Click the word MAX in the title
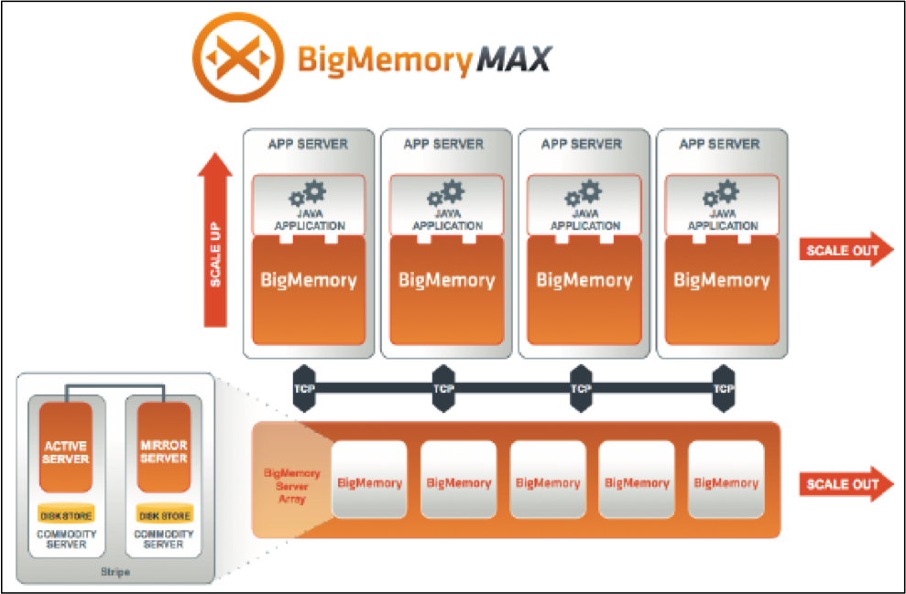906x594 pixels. tap(512, 59)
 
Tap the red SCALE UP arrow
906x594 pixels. tap(216, 243)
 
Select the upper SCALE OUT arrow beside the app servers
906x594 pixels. tap(845, 251)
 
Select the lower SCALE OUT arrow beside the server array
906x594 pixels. tap(845, 484)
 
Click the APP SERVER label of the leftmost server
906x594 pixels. tap(307, 145)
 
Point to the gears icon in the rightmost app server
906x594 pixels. tap(720, 193)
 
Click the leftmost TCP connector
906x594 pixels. tap(305, 387)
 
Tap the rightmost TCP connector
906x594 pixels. tap(724, 387)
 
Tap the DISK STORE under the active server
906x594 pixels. tap(65, 515)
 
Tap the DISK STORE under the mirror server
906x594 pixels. tap(163, 515)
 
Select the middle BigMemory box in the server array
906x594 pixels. tap(547, 482)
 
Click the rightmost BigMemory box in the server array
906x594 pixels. tap(726, 482)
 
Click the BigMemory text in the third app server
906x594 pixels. tap(584, 280)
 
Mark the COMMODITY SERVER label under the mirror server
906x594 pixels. tap(163, 539)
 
